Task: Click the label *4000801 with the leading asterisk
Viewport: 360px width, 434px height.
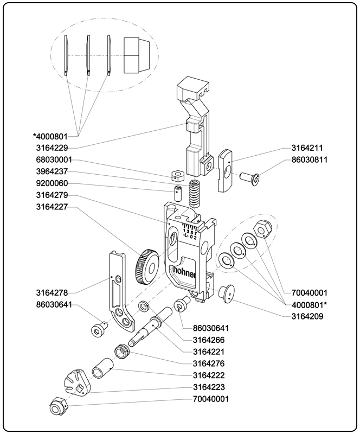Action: [50, 136]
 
